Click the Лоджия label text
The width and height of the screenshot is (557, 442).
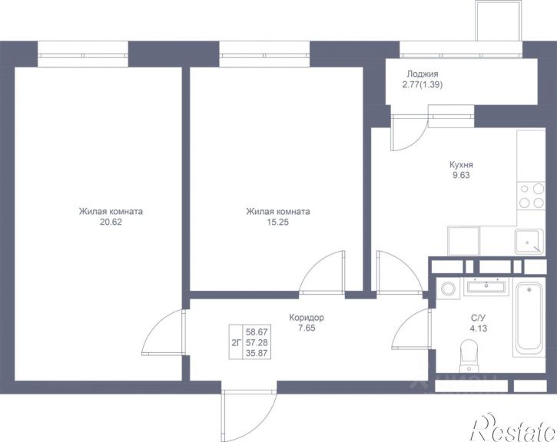pos(423,74)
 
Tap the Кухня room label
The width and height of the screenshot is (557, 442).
pos(461,164)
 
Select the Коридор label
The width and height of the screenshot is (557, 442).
pos(307,317)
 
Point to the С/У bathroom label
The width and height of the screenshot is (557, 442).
pos(478,318)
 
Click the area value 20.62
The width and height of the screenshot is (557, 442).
pos(111,222)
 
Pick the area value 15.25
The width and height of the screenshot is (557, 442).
pos(278,222)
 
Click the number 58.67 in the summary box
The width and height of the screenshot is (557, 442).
pos(257,332)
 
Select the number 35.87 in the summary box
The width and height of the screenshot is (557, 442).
pos(257,353)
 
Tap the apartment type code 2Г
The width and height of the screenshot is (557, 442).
pos(236,343)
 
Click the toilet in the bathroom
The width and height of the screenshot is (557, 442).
pos(469,355)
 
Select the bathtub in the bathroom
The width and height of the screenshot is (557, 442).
pos(529,317)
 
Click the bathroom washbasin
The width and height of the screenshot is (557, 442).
pos(486,286)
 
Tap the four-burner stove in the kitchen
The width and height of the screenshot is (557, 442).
pos(531,196)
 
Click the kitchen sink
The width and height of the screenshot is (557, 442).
pos(529,242)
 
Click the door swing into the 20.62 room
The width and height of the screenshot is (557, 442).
pos(164,332)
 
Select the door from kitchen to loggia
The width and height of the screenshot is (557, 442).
pos(409,133)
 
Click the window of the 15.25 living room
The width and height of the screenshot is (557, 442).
pos(264,54)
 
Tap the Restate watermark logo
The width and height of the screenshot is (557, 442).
pos(513,427)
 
